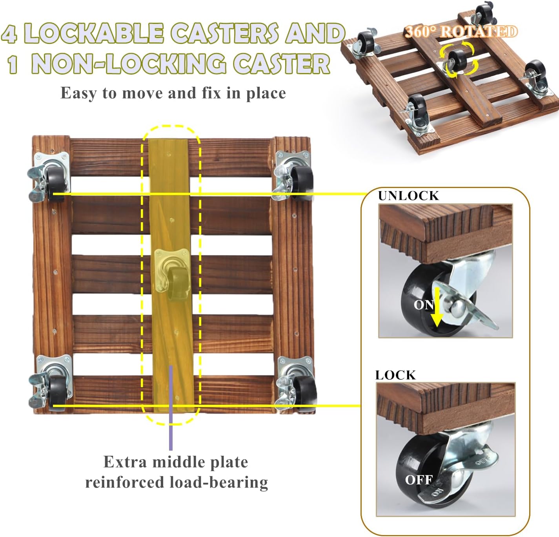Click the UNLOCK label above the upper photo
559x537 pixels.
pos(408,196)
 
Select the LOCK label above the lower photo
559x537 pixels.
pos(395,375)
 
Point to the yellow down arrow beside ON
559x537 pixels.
pos(437,307)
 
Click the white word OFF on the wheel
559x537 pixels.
pos(419,480)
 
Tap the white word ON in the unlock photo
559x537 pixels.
pos(423,305)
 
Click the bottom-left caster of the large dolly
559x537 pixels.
pos(50,382)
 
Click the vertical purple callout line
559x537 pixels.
pos(171,407)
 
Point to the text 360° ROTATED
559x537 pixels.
pos(461,32)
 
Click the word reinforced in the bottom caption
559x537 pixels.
pos(124,482)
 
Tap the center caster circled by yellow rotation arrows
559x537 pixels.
pos(456,62)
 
